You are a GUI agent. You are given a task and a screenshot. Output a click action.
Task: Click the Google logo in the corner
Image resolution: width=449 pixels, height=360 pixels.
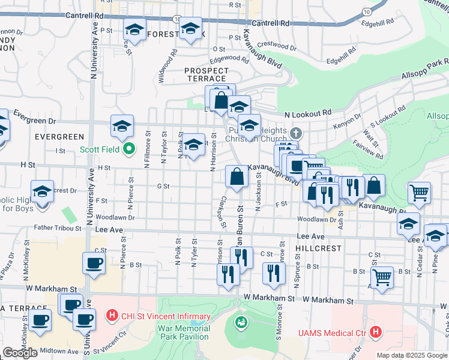tap(20, 353)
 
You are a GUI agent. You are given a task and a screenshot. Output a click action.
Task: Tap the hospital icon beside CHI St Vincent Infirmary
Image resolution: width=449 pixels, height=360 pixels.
tap(112, 314)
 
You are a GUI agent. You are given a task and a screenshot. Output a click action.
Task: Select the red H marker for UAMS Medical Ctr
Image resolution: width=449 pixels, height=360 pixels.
tap(376, 331)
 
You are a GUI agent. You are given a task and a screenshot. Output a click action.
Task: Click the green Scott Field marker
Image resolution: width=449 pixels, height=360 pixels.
tap(127, 149)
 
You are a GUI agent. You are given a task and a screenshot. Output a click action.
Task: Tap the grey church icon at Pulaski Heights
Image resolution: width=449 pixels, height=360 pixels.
tap(295, 133)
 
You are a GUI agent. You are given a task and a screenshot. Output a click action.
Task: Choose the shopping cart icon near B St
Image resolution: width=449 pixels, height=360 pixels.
tap(382, 277)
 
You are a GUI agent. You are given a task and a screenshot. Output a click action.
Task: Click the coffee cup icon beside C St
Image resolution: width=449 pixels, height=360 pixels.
tap(93, 263)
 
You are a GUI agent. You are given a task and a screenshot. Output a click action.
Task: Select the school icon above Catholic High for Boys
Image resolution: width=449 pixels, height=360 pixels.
tap(42, 191)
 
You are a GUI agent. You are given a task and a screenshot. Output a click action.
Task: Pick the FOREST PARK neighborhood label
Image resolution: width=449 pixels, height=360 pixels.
tap(167, 34)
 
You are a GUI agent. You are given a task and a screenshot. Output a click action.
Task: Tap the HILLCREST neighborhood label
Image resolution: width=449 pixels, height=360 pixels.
tap(318, 248)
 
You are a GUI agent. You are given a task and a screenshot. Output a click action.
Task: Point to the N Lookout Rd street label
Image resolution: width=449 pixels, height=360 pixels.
tap(308, 113)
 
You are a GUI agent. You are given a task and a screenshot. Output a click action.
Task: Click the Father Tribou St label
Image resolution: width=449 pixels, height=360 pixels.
tap(57, 228)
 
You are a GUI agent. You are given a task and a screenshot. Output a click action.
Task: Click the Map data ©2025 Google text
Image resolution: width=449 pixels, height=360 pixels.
tap(411, 355)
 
